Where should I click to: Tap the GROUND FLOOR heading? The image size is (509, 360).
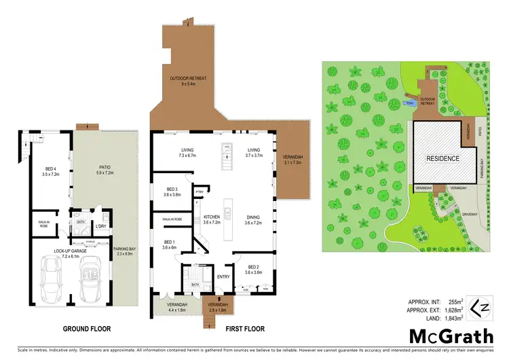point(87,329)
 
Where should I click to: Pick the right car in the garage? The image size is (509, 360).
point(92,280)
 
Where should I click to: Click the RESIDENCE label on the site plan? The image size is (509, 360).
point(442,158)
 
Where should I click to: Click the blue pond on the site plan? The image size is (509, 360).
point(409,103)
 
